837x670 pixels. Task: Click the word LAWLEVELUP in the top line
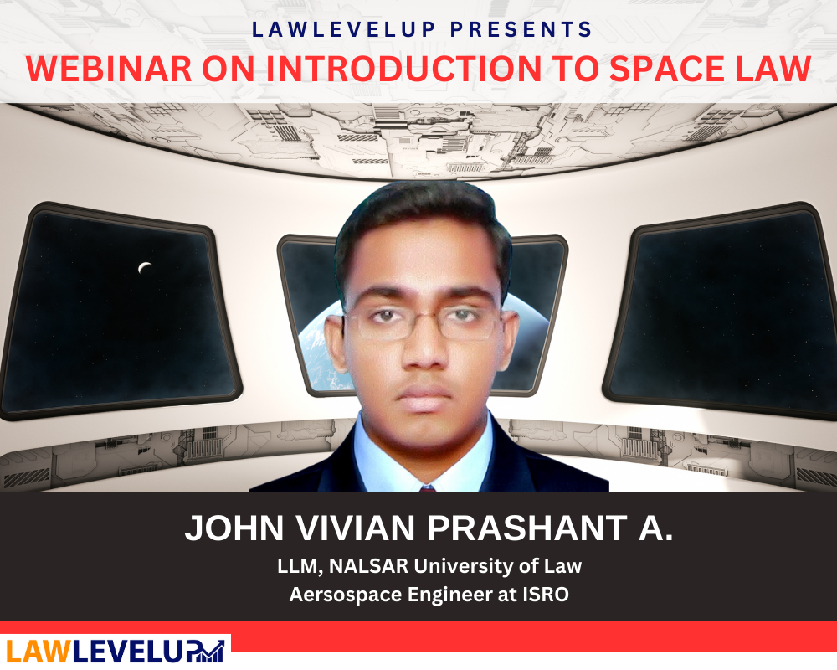(344, 30)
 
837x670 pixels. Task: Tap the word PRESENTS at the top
(521, 30)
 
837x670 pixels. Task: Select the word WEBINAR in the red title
(109, 69)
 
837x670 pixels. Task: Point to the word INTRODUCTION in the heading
(403, 69)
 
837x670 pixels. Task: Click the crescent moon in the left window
(145, 268)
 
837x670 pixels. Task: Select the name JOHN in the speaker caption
(234, 528)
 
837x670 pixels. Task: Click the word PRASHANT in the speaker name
(527, 528)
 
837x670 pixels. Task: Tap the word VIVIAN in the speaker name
(356, 528)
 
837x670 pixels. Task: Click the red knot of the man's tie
(428, 488)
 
